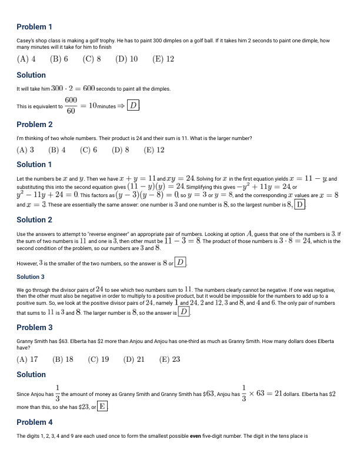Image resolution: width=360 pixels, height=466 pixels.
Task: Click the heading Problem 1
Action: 34,26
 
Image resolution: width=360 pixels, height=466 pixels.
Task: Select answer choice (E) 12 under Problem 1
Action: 163,59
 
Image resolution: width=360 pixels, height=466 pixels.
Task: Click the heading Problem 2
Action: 34,124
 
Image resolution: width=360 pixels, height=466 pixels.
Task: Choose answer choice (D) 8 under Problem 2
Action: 120,149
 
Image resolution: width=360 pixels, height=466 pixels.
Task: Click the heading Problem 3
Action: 34,327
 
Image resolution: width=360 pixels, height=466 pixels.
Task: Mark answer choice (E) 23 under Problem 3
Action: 169,359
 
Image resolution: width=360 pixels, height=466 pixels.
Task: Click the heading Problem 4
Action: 34,422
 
